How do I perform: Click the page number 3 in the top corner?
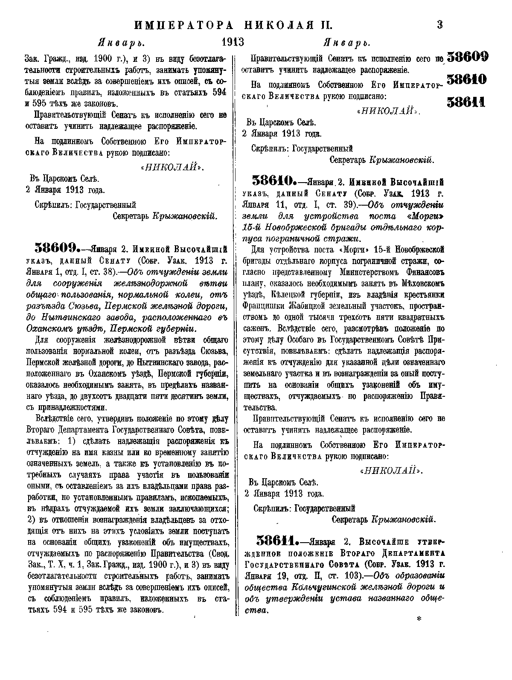coord(440,25)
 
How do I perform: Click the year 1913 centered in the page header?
coord(233,43)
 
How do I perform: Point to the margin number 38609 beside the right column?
coord(467,57)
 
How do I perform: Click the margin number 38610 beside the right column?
coord(467,80)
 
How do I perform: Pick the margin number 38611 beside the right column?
coord(466,102)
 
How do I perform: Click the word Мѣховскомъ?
coord(419,283)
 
